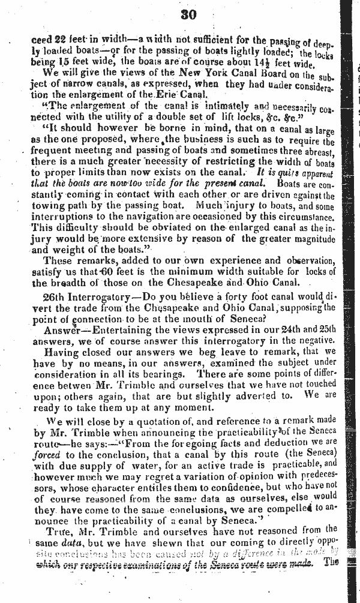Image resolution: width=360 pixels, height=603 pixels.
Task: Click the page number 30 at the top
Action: [188, 16]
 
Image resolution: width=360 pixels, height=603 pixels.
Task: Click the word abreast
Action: [317, 152]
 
